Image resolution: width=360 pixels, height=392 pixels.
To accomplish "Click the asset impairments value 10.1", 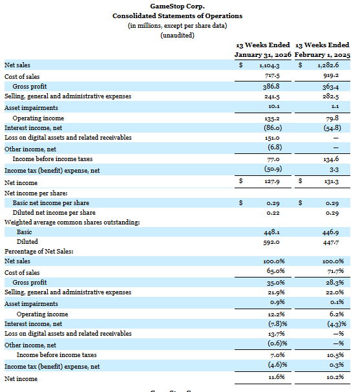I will [x=272, y=107].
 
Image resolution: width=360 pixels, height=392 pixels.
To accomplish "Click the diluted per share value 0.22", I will [x=273, y=212].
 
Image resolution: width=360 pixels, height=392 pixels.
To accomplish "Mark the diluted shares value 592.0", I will [x=271, y=242].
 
